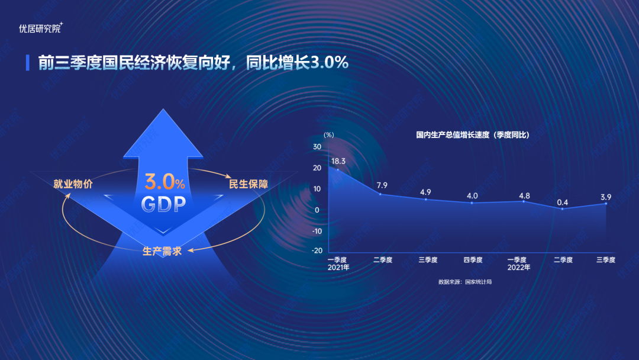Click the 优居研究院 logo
41,28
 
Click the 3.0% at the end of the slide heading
330,62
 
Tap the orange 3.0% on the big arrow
164,182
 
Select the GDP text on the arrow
163,204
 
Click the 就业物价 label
73,184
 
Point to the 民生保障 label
248,184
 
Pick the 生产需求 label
162,251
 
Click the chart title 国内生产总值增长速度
453,135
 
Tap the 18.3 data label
338,161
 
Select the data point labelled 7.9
380,194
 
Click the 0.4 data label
563,202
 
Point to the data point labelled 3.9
606,204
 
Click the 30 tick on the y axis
317,147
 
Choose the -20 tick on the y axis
317,250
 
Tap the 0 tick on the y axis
317,210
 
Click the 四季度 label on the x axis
473,260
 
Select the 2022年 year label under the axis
518,268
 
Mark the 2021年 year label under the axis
338,268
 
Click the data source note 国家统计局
479,282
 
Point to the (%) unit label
328,135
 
